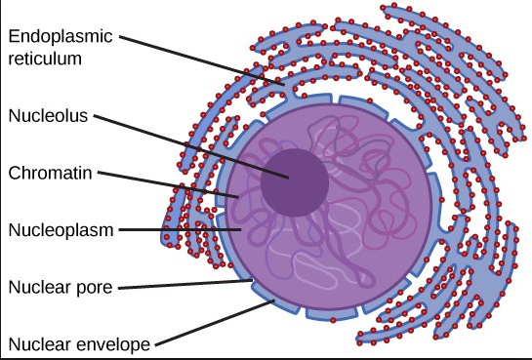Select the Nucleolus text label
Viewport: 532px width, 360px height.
49,115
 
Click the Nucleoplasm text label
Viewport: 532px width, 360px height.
60,230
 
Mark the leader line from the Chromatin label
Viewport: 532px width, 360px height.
166,185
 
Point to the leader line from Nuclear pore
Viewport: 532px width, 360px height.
195,284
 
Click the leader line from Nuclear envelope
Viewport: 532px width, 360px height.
215,322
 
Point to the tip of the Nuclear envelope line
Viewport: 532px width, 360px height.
273,301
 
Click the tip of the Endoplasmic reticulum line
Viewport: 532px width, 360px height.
286,89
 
